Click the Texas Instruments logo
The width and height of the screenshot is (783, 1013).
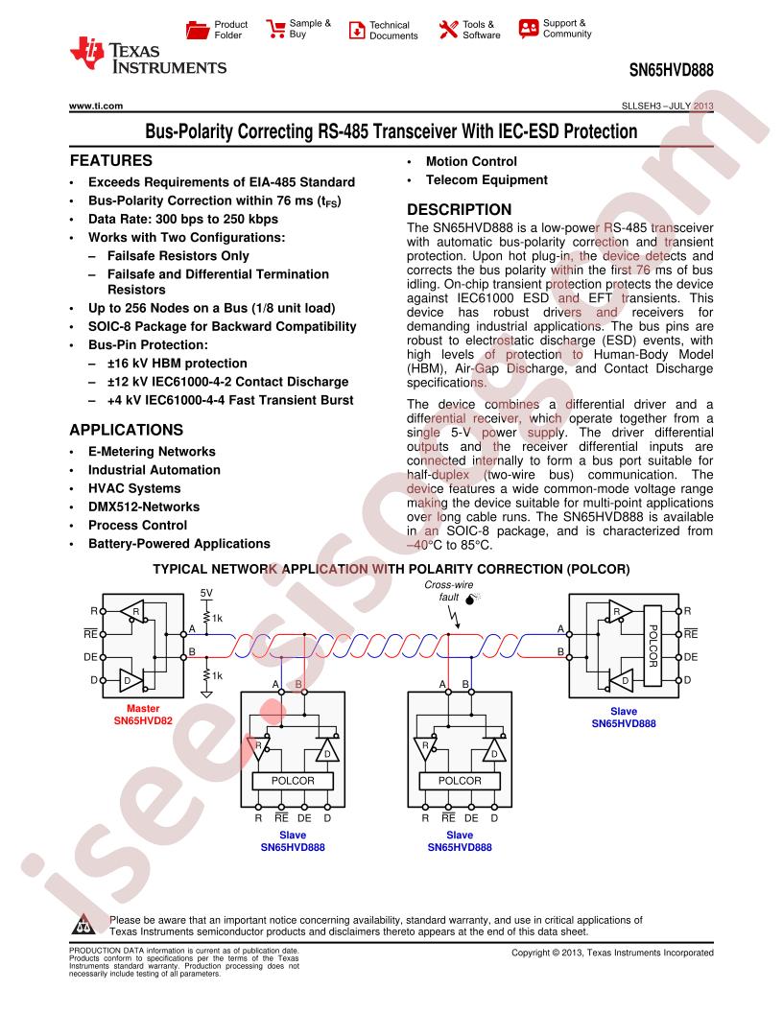tap(148, 58)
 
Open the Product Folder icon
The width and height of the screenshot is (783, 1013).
tap(198, 30)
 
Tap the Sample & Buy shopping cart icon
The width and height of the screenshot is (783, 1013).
tap(275, 29)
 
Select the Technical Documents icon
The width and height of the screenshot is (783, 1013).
tap(356, 30)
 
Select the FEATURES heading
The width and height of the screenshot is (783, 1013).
tap(111, 160)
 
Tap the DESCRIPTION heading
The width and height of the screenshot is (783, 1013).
tap(460, 209)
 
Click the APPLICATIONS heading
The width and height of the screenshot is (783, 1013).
tap(126, 431)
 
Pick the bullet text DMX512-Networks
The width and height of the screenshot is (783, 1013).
tap(144, 506)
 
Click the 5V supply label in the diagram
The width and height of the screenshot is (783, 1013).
tap(206, 593)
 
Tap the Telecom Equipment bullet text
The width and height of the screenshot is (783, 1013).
tap(486, 179)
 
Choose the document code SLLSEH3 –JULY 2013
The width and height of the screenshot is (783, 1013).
tap(661, 106)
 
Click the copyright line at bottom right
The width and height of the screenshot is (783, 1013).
tap(612, 953)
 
